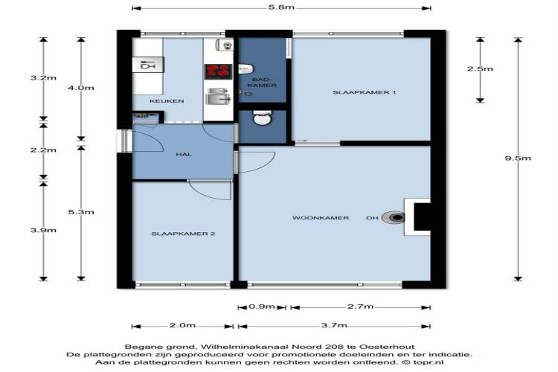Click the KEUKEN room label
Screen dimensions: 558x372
pos(167,101)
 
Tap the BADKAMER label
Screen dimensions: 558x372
pos(262,83)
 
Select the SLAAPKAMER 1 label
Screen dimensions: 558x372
pos(365,92)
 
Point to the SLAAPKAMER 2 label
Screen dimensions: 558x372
pos(183,234)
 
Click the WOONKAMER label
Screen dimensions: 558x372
pos(321,218)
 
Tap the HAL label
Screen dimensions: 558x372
pos(184,155)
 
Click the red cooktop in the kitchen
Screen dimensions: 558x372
pos(218,71)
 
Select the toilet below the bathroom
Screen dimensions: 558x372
pos(263,118)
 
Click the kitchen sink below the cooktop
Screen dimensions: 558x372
pos(218,96)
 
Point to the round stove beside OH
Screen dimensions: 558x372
pos(393,217)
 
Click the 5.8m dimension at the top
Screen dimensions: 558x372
pos(281,7)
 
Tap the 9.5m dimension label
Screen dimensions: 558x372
pos(518,158)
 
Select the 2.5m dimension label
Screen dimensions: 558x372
pos(480,68)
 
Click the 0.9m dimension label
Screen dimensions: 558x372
pos(262,307)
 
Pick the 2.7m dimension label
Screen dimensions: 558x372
pos(360,307)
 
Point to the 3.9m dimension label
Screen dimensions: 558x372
pos(43,230)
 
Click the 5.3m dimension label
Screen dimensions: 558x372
pos(81,212)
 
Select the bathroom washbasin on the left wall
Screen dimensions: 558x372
pos(245,68)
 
